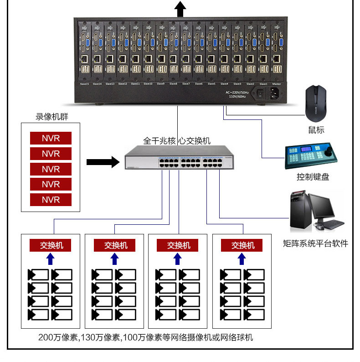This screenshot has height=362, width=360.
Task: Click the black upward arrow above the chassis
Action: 180,8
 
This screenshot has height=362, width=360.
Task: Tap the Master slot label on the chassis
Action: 276,84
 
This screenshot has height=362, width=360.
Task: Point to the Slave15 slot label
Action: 84,84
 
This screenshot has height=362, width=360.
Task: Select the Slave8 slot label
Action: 173,84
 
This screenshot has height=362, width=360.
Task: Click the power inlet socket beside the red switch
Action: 275,94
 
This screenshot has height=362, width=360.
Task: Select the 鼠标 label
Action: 316,130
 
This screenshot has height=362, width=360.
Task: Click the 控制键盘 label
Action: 313,177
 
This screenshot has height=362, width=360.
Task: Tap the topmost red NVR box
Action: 51,138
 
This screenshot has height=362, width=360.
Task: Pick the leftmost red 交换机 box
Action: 51,245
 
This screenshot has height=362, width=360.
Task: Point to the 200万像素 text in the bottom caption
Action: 59,338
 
